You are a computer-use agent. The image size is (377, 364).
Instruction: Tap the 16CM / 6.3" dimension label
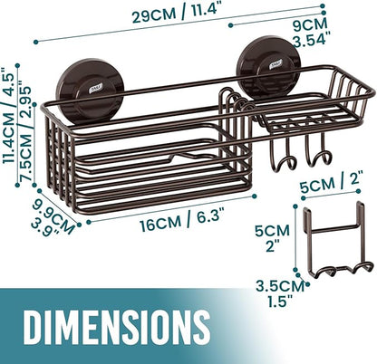pyautogui.click(x=182, y=220)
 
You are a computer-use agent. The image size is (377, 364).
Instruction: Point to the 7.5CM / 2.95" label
pyautogui.click(x=24, y=134)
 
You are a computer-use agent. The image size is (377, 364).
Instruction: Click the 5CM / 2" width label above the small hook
pyautogui.click(x=331, y=184)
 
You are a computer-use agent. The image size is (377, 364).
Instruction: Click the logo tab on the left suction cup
pyautogui.click(x=95, y=88)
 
